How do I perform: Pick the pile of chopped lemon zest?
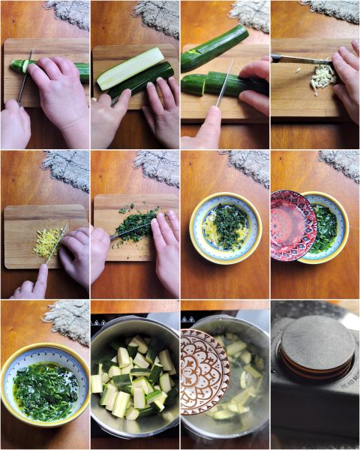pyautogui.click(x=47, y=241)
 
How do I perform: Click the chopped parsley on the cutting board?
pyautogui.click(x=135, y=224)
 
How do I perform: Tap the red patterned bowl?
pyautogui.click(x=293, y=225)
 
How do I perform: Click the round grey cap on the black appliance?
pyautogui.click(x=317, y=346)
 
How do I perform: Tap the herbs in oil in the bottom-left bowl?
pyautogui.click(x=45, y=390)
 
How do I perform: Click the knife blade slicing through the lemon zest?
pyautogui.click(x=57, y=244)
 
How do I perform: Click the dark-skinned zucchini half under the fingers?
pyautogui.click(x=142, y=82)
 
